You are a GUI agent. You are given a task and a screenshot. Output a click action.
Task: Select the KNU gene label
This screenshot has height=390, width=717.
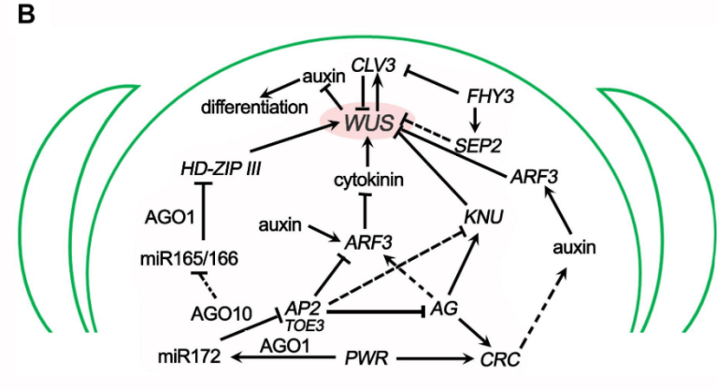point(483,217)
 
